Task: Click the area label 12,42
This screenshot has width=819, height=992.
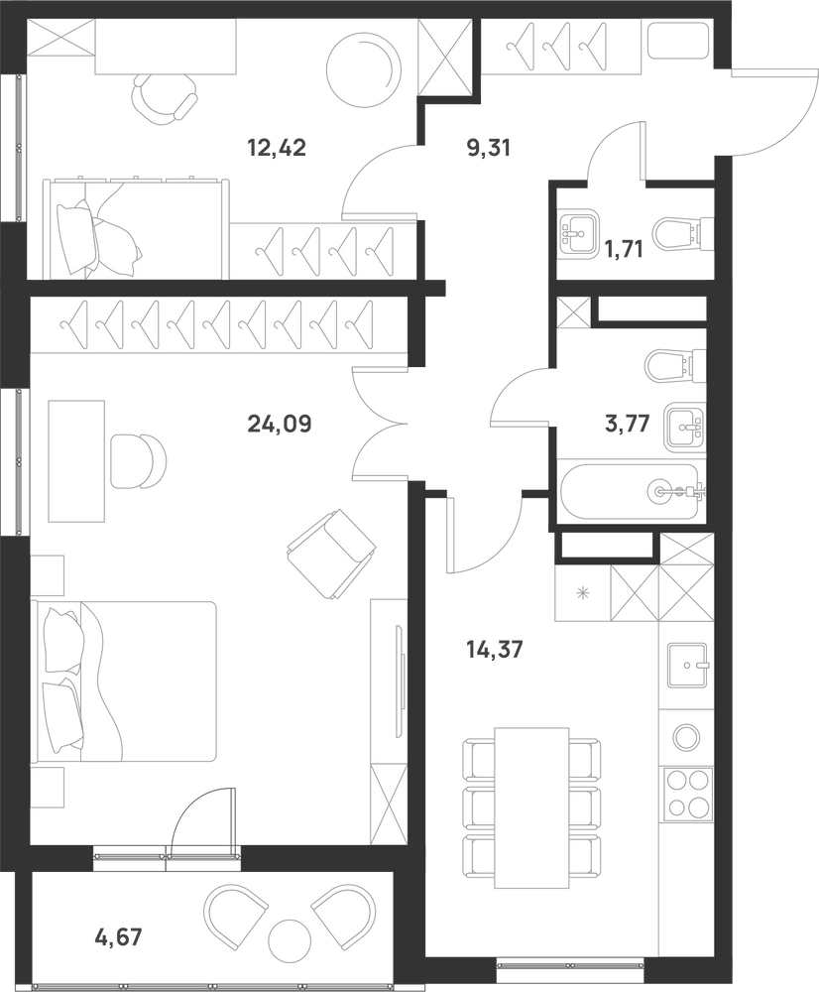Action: [277, 148]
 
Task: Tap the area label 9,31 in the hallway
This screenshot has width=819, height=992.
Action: [487, 148]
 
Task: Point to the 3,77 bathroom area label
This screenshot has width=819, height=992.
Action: [628, 424]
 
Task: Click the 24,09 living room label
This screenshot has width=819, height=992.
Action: [280, 424]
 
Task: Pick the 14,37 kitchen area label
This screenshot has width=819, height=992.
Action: [495, 649]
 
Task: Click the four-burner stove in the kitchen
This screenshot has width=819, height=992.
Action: [686, 794]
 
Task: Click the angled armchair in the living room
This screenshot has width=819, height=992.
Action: [331, 553]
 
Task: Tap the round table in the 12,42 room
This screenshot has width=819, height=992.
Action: [364, 68]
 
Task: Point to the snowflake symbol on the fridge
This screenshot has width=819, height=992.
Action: [582, 593]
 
